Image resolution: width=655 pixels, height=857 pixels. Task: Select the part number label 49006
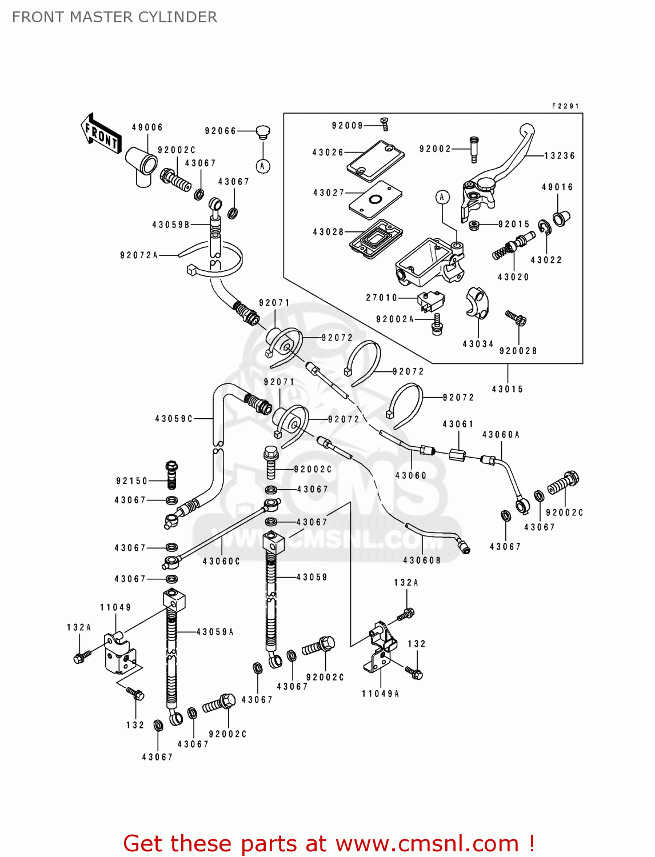tap(147, 127)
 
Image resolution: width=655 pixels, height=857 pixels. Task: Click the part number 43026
tap(328, 153)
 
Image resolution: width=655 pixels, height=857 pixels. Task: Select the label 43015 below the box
tap(507, 389)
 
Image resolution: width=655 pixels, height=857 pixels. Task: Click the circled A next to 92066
tap(262, 166)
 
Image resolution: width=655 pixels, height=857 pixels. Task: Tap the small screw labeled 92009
tap(385, 122)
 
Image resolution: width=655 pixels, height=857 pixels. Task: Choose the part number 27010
tap(381, 298)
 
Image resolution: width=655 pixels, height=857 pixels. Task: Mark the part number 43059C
tap(174, 419)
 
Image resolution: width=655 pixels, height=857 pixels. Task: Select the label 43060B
tap(422, 560)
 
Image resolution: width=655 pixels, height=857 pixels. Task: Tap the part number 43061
tap(458, 424)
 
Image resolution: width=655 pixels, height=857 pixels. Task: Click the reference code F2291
tap(565, 106)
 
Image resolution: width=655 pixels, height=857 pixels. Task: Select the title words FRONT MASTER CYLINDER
tap(114, 17)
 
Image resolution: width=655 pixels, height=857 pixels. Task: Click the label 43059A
tap(215, 632)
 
